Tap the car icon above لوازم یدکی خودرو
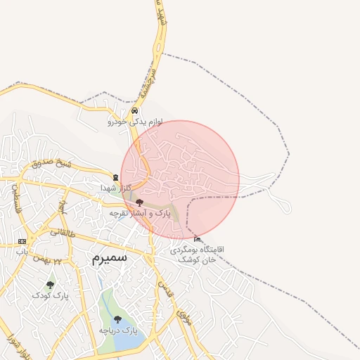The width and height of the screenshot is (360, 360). pos(134,110)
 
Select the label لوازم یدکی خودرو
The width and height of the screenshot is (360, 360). pos(135,122)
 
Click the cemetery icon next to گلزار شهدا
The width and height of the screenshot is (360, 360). pos(116,177)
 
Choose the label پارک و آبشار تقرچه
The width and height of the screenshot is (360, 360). pos(140,212)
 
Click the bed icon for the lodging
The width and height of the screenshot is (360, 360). pos(196,239)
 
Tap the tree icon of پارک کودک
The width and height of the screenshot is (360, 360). pos(49,285)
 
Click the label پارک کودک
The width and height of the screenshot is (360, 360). pos(49,296)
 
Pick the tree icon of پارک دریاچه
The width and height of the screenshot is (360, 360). pos(117,319)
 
